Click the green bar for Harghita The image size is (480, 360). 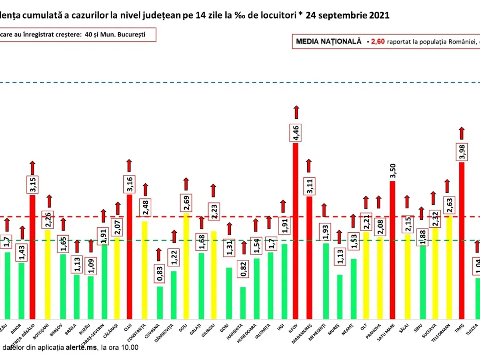tap(243, 302)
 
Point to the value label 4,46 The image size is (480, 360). tap(296, 132)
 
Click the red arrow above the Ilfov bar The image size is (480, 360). tap(296, 112)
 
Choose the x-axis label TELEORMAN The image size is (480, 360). tap(448, 331)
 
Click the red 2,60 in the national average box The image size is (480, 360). tap(378, 41)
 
